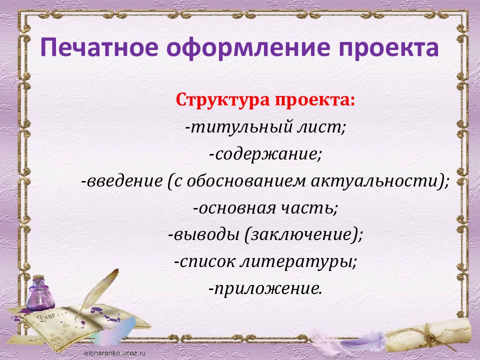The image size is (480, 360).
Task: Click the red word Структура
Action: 222,100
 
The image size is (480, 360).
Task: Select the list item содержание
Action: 265,154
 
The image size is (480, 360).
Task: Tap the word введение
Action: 124,180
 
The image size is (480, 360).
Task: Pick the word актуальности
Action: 374,180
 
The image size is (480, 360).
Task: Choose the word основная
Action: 237,208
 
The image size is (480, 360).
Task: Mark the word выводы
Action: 206,235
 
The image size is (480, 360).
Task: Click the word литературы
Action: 295,262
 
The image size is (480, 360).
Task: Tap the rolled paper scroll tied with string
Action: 428,335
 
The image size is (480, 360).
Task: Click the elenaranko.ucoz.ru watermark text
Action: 115,353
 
